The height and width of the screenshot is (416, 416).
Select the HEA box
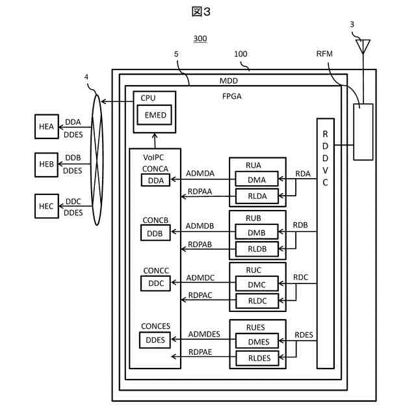pos(46,126)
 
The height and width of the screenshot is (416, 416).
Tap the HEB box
pos(46,164)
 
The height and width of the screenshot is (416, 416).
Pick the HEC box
pos(46,206)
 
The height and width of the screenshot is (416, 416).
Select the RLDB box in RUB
pos(256,248)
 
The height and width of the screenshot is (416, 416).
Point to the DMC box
pos(256,283)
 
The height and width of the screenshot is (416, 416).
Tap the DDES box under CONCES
pos(154,339)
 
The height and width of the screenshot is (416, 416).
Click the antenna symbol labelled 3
pos(363,46)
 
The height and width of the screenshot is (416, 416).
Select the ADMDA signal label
pos(200,174)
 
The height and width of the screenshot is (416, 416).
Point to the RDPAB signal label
pos(200,243)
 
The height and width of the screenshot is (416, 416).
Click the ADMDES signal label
pos(203,334)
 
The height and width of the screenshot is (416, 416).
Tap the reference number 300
pos(200,39)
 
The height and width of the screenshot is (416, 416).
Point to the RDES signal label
pos(304,335)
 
